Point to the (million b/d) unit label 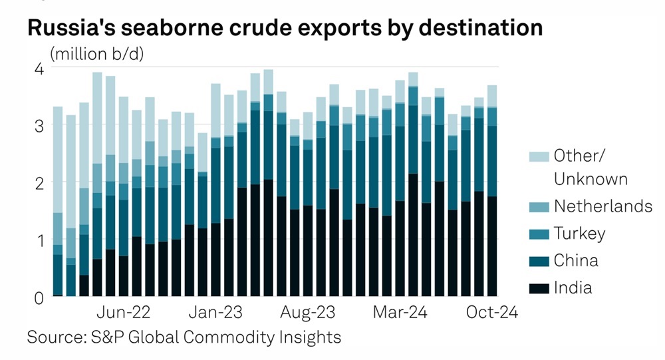pos(96,53)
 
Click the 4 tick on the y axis pos(39,69)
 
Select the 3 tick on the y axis pos(39,125)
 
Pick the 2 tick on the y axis pos(39,182)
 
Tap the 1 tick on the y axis pos(39,240)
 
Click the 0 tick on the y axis pos(39,297)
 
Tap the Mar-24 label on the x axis pos(400,313)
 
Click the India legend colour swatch pos(538,289)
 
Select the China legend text pos(576,261)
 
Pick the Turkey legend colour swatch pos(538,234)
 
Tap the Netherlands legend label pos(603,206)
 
